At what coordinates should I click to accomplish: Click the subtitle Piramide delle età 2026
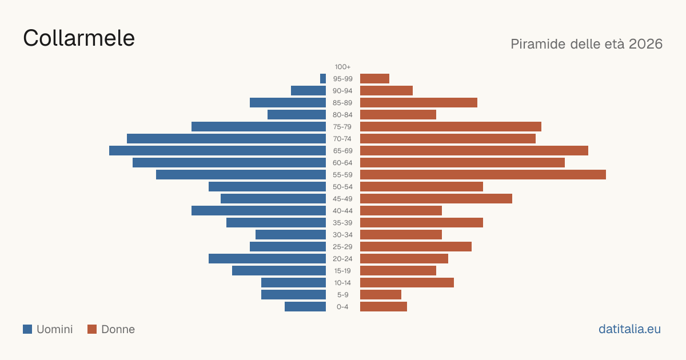click(587, 44)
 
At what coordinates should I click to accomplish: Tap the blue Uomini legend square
click(27, 329)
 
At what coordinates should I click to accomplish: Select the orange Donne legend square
click(92, 329)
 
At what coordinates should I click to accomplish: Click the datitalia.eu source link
click(629, 329)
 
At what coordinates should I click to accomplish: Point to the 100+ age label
click(342, 67)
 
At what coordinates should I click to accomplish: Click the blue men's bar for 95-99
click(323, 79)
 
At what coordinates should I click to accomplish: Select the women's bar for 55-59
click(483, 174)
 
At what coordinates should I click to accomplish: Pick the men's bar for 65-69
click(217, 151)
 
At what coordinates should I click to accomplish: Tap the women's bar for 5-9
click(381, 294)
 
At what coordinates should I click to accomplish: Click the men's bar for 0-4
click(305, 306)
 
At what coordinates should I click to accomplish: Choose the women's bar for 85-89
click(418, 102)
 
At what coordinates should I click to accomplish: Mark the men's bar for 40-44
click(259, 211)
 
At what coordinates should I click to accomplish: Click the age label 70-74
click(342, 139)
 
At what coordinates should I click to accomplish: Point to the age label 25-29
click(342, 247)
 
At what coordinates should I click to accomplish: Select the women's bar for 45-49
click(436, 199)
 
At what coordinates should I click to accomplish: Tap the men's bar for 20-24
click(268, 259)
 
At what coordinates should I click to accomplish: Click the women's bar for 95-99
click(374, 79)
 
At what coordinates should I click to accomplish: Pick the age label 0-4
click(342, 307)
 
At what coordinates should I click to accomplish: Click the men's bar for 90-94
click(308, 91)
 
